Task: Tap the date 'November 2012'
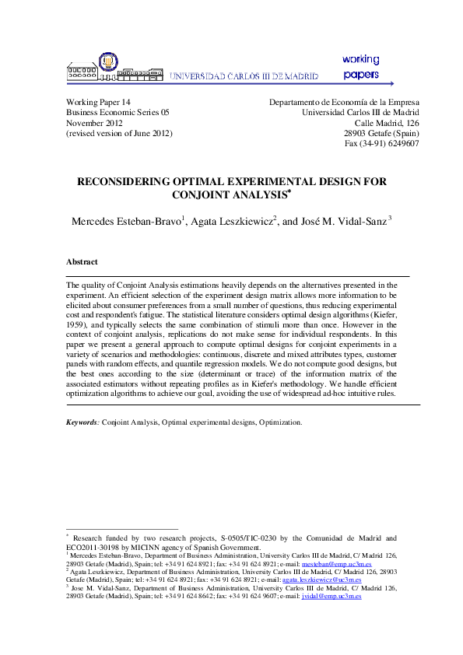tap(94, 123)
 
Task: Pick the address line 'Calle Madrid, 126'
tap(387, 123)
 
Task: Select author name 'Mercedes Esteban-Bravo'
tap(126, 221)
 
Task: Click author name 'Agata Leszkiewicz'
tap(231, 221)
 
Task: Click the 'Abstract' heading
tap(82, 263)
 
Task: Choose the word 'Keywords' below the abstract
tap(82, 422)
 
